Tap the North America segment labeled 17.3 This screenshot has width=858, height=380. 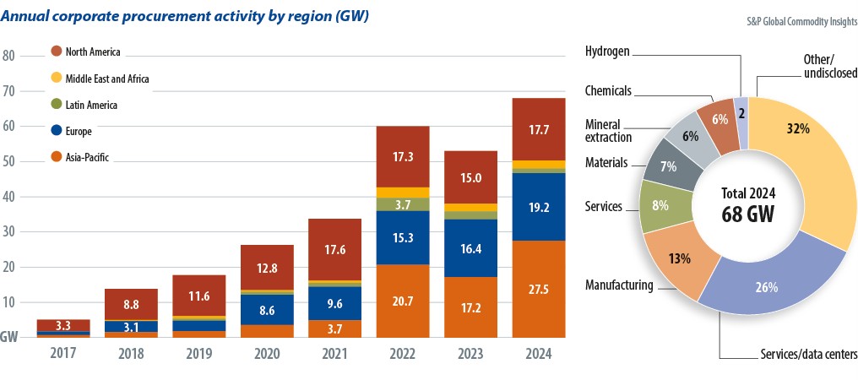(x=404, y=156)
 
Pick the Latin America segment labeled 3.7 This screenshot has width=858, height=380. (x=404, y=204)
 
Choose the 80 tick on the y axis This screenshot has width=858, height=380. (x=9, y=56)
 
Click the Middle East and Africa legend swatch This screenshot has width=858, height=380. (x=57, y=79)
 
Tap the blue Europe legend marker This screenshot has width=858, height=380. (x=57, y=131)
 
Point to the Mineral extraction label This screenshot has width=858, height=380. (x=608, y=130)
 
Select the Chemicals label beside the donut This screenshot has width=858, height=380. (x=607, y=90)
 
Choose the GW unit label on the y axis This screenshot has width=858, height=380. (x=9, y=336)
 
